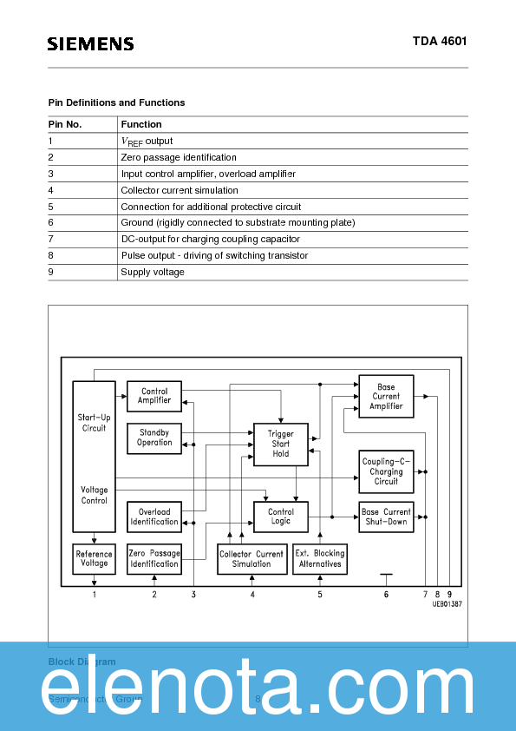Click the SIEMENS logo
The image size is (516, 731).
90,43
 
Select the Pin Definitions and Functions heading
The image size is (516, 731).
116,102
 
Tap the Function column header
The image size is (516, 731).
141,124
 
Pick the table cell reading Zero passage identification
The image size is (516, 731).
179,157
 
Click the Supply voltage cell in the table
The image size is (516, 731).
153,272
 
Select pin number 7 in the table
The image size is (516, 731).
51,239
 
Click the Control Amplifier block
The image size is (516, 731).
154,396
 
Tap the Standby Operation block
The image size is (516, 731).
154,437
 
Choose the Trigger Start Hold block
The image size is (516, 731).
281,444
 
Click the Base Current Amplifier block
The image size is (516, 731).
386,396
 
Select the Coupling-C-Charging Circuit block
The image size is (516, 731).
386,471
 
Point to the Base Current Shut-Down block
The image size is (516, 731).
386,517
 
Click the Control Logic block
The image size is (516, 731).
281,517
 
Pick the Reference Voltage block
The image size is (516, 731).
94,558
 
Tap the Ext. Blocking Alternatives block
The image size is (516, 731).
320,558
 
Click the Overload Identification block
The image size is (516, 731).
154,517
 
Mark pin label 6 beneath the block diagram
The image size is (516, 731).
386,594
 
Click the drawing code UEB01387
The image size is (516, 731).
447,603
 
